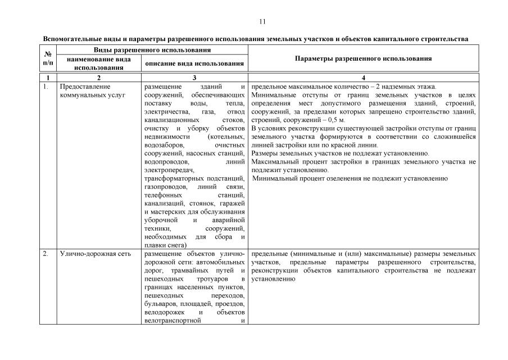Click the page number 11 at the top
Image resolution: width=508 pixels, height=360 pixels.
tap(262, 22)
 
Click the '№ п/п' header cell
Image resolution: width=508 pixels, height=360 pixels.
tap(48, 58)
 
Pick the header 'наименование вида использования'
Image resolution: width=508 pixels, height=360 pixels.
tap(99, 63)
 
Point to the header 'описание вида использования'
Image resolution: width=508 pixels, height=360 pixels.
tap(194, 63)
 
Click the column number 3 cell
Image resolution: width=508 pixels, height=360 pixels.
tap(194, 77)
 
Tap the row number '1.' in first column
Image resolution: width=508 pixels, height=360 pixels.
tap(46, 87)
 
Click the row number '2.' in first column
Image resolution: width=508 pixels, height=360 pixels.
tap(46, 254)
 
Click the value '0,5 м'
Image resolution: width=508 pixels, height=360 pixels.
tap(336, 120)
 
